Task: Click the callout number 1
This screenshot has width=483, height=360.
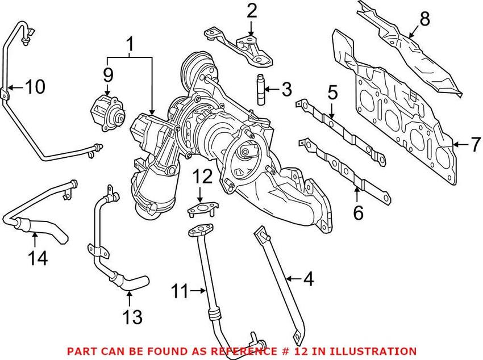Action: pos(130,43)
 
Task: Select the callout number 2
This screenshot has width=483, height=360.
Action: pos(252,10)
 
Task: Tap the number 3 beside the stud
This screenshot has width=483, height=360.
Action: pos(286,89)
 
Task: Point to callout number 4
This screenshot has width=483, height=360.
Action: pos(307,279)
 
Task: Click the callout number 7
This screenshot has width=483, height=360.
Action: pos(475,145)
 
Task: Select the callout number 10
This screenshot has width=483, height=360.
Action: pos(35,87)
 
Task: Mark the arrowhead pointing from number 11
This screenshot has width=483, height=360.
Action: pos(206,292)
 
